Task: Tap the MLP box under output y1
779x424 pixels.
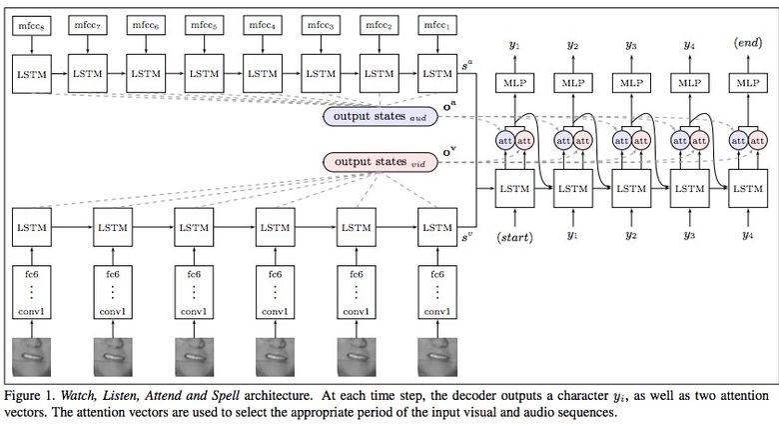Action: pyautogui.click(x=515, y=83)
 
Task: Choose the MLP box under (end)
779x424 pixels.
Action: pyautogui.click(x=749, y=83)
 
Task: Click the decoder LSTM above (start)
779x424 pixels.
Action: pyautogui.click(x=515, y=188)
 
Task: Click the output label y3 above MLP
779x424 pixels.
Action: pyautogui.click(x=631, y=44)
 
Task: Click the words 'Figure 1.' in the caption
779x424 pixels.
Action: pyautogui.click(x=31, y=394)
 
